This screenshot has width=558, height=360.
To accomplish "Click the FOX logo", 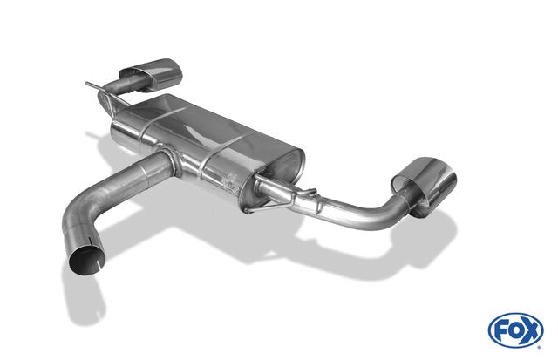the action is click(515, 330).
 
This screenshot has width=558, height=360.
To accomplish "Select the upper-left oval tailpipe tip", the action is click(151, 75).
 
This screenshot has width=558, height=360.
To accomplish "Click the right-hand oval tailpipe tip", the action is click(425, 186).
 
